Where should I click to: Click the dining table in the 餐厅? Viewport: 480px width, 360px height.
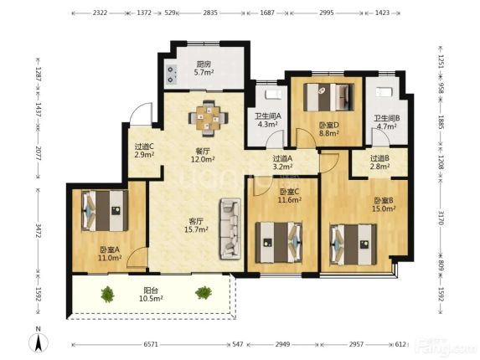pos(208,118)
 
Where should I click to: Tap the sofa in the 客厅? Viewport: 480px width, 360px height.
pos(230,229)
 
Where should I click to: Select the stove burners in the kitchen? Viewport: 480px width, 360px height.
pos(171,74)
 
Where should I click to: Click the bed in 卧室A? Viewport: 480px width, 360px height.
pos(105,211)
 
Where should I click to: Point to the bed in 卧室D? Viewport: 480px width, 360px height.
pos(328,97)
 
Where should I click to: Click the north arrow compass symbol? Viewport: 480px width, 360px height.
pos(39,340)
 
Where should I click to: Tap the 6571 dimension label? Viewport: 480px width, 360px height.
pos(151,344)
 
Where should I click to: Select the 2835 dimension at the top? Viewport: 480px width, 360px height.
pos(210,13)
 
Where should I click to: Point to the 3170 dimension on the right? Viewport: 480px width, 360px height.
pos(441,218)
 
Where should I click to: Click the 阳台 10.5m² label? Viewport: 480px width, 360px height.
pos(151,294)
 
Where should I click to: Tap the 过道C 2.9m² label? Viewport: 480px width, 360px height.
pos(144,151)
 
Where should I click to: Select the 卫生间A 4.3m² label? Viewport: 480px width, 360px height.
pos(268,121)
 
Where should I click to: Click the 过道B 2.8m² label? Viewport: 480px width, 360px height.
pos(379,162)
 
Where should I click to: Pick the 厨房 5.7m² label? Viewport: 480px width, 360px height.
pos(204,68)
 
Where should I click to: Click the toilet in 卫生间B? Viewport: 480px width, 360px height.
pos(383,92)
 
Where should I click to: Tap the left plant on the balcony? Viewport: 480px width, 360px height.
pos(107,294)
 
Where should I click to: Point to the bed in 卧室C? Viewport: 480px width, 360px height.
pos(279,243)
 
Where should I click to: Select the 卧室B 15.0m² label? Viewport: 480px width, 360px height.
pos(384,204)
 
